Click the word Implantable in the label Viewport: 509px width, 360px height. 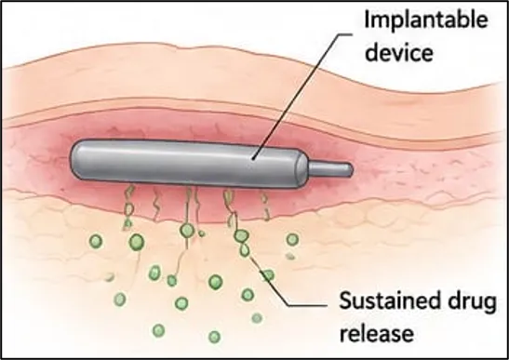pyautogui.click(x=426, y=20)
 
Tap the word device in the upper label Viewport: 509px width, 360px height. pyautogui.click(x=399, y=52)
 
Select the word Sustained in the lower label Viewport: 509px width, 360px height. pyautogui.click(x=388, y=300)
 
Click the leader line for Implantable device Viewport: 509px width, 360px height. pyautogui.click(x=301, y=96)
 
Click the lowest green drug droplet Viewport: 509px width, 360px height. pyautogui.click(x=214, y=337)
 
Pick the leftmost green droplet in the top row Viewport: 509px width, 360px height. pyautogui.click(x=96, y=242)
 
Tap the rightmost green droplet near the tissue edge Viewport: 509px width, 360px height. pyautogui.click(x=292, y=240)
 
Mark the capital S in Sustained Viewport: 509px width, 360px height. pyautogui.click(x=345, y=300)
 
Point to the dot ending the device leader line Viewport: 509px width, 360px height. pyautogui.click(x=253, y=158)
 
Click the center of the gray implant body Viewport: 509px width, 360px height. pyautogui.click(x=188, y=163)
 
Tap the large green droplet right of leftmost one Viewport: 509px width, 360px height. pyautogui.click(x=137, y=242)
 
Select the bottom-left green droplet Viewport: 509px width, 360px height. pyautogui.click(x=120, y=299)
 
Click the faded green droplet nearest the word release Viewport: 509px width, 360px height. pyautogui.click(x=257, y=318)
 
